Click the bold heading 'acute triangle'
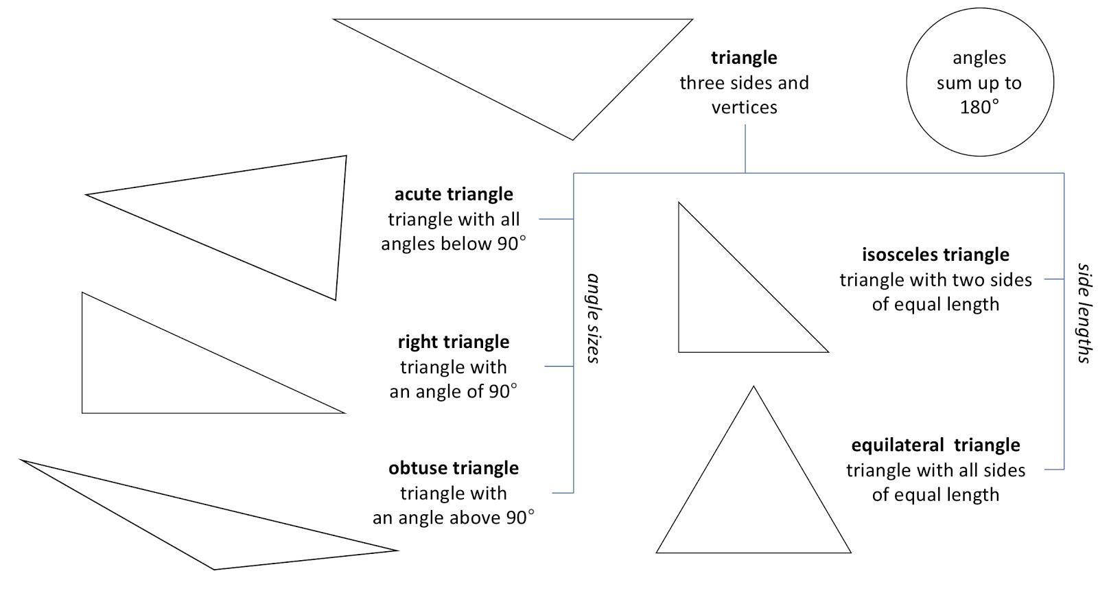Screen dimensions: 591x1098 pos(454,194)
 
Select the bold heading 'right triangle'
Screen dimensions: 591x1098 pos(454,342)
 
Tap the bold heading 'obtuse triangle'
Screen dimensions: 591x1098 pos(454,468)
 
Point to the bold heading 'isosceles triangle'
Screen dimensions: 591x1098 pos(935,255)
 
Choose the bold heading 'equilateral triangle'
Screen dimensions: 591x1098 pos(935,445)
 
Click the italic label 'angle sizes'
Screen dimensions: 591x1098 pos(594,318)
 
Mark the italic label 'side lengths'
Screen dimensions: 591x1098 pos(1084,312)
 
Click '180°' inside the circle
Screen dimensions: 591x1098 pos(979,107)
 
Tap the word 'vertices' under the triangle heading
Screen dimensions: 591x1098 pos(744,107)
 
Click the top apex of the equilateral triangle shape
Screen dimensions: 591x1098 pos(754,387)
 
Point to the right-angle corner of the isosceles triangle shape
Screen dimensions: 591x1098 pos(679,351)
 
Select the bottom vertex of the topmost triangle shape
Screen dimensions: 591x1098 pos(572,139)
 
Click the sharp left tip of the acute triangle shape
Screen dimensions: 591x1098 pos(86,195)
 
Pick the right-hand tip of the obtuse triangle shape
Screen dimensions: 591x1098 pos(397,550)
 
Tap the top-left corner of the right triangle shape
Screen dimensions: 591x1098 pos(82,293)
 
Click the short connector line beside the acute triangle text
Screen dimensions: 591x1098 pos(556,219)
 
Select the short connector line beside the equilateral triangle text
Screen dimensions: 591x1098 pos(1054,470)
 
